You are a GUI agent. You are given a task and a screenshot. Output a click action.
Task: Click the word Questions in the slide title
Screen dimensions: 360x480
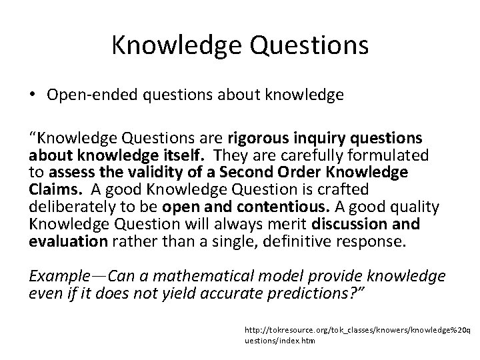[306, 45]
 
